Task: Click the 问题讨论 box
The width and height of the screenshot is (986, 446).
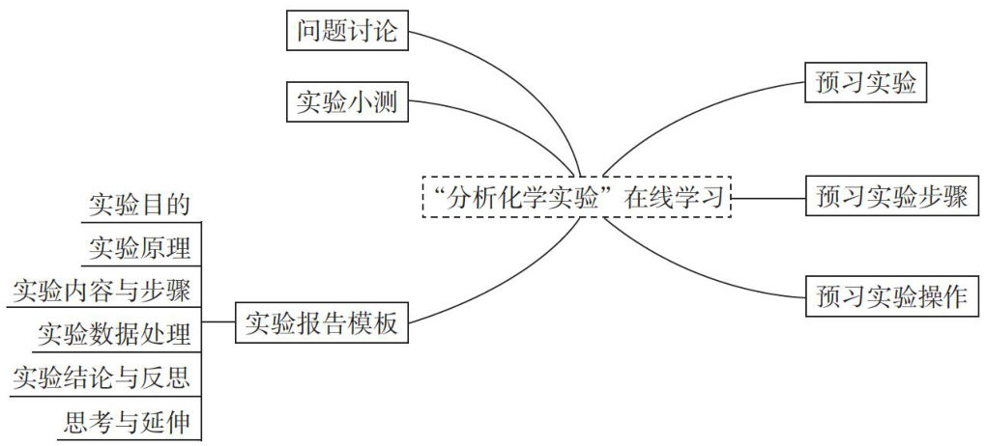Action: point(347,30)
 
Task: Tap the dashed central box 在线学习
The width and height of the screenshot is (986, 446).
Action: point(577,198)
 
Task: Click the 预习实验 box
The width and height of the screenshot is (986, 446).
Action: point(865,84)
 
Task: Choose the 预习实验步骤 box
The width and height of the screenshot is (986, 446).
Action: point(892,198)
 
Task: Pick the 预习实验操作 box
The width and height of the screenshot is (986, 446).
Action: point(892,295)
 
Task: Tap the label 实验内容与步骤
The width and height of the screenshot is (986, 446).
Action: point(101,289)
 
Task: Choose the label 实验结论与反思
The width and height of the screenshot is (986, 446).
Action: point(101,376)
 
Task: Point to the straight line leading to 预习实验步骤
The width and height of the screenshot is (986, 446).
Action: point(768,198)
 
